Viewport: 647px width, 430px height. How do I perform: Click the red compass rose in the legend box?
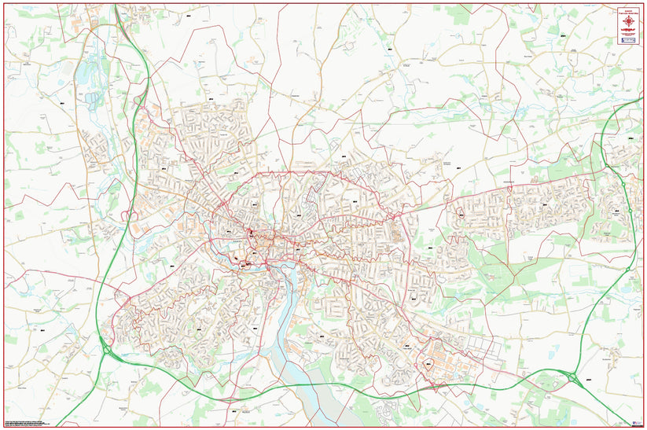pyautogui.click(x=627, y=20)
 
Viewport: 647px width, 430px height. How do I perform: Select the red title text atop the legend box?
pyautogui.click(x=627, y=10)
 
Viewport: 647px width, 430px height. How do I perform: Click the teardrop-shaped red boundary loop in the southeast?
pyautogui.click(x=428, y=364)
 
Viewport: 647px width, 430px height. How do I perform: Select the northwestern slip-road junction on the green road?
pyautogui.click(x=140, y=101)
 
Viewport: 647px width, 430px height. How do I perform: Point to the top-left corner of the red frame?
pyautogui.click(x=4, y=4)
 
